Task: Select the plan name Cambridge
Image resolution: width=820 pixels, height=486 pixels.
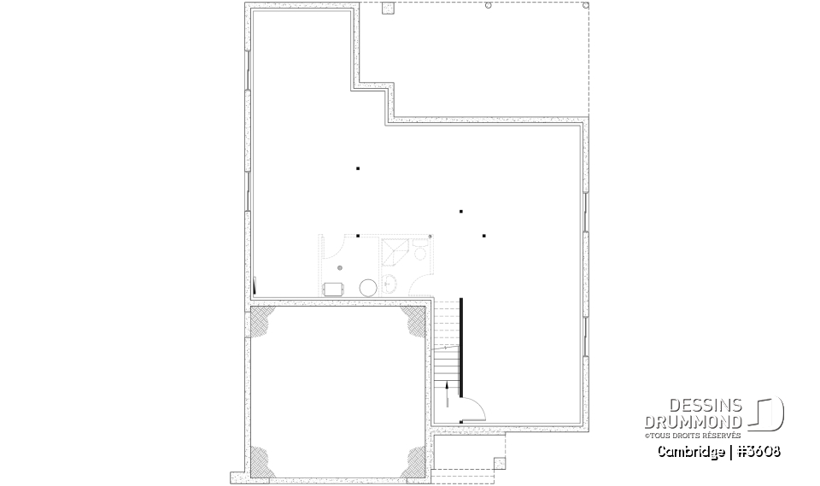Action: [x=688, y=450]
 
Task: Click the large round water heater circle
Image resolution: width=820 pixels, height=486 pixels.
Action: [x=368, y=287]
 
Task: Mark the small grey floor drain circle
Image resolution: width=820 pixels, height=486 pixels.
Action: [x=339, y=268]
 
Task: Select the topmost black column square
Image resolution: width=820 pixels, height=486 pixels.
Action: [x=358, y=168]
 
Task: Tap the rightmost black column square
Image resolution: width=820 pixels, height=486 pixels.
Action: [x=483, y=235]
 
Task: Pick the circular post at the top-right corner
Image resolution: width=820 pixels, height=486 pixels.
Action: [x=585, y=5]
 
